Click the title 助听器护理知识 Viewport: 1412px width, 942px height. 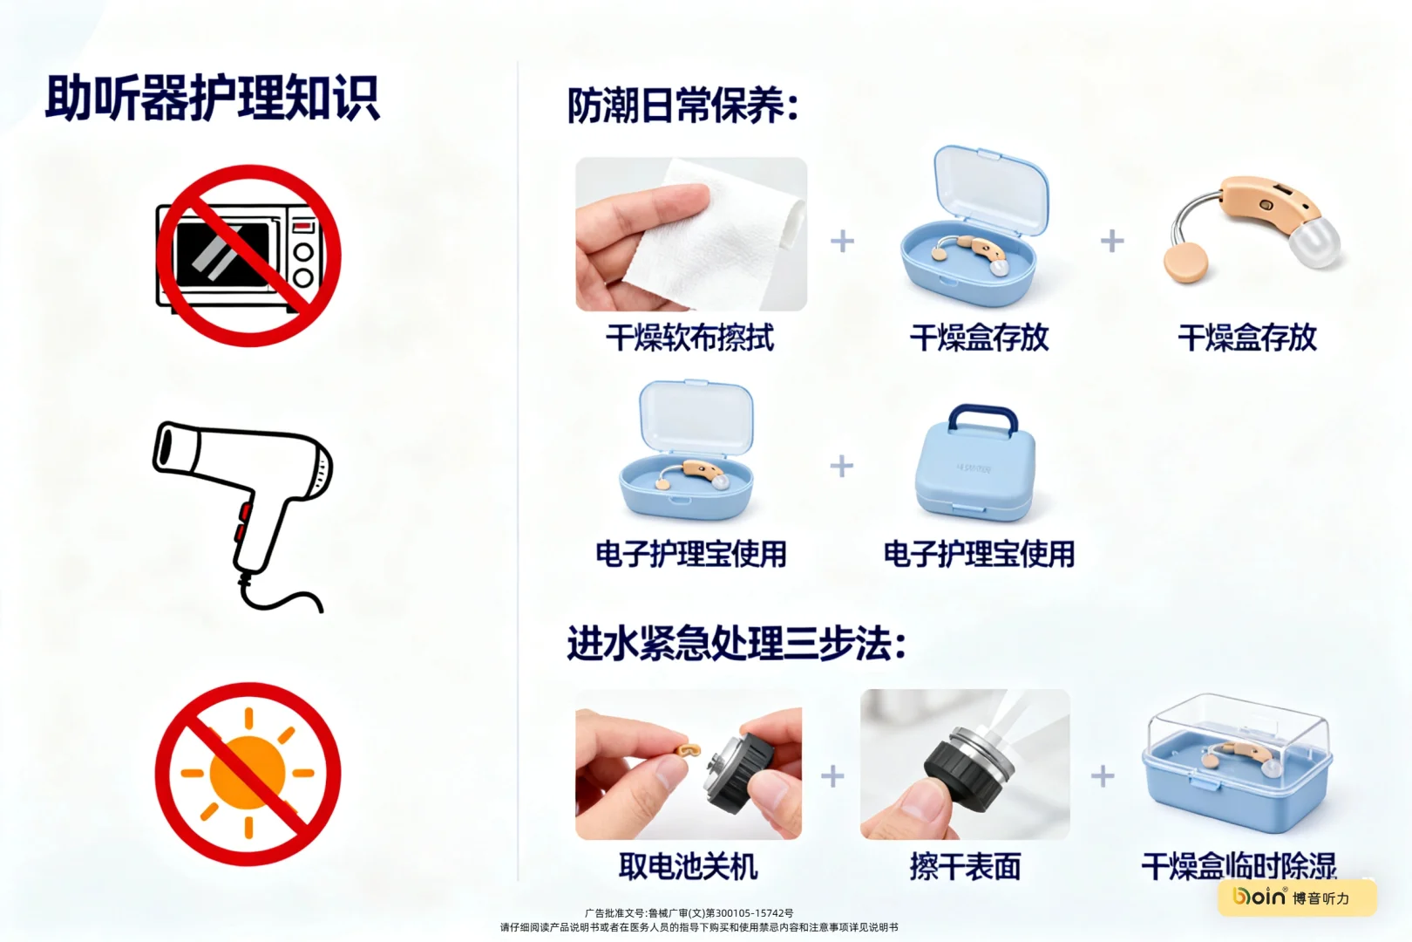coord(212,98)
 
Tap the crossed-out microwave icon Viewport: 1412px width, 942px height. coord(248,256)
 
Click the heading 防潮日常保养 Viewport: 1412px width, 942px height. coord(682,106)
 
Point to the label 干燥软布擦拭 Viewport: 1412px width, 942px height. coord(689,338)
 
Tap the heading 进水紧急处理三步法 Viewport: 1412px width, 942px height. coord(737,645)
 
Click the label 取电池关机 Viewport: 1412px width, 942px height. coord(688,866)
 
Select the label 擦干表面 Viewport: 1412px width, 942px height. coord(965,866)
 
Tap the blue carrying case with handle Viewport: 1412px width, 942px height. coord(975,475)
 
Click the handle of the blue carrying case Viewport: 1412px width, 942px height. coord(982,416)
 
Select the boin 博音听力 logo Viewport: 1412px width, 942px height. coord(1296,897)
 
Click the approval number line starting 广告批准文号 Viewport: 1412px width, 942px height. coord(689,913)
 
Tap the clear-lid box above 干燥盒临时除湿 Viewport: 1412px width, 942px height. coord(1238,763)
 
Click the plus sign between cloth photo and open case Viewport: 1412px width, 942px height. coord(842,241)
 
